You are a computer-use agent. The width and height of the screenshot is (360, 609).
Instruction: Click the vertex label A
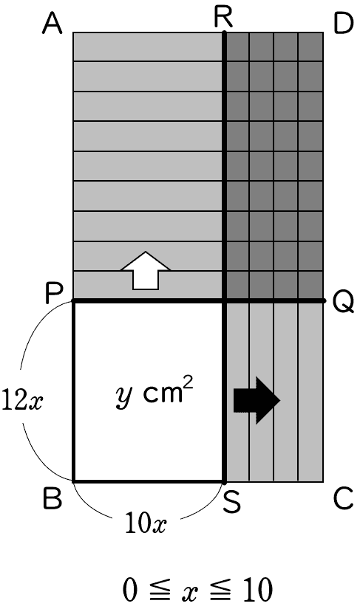pyautogui.click(x=52, y=24)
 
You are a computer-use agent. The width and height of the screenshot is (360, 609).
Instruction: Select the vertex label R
pyautogui.click(x=223, y=18)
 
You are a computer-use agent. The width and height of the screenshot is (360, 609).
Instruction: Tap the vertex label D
pyautogui.click(x=344, y=24)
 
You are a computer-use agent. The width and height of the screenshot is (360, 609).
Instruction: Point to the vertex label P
pyautogui.click(x=53, y=293)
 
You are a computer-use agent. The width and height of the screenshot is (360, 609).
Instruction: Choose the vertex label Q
pyautogui.click(x=344, y=302)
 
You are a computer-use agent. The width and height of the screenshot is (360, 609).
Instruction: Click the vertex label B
pyautogui.click(x=52, y=498)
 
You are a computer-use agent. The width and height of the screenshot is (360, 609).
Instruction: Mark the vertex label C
pyautogui.click(x=344, y=498)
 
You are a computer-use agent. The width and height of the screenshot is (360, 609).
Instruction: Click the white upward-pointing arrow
pyautogui.click(x=146, y=270)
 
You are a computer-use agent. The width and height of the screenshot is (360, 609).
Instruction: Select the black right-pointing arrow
pyautogui.click(x=257, y=400)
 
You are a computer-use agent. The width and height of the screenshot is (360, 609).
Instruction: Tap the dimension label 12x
pyautogui.click(x=21, y=400)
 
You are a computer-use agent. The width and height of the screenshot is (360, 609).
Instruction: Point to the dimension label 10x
pyautogui.click(x=146, y=523)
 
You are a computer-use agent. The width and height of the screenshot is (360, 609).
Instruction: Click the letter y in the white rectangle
pyautogui.click(x=124, y=396)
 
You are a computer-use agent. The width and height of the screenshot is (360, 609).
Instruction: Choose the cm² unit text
pyautogui.click(x=168, y=390)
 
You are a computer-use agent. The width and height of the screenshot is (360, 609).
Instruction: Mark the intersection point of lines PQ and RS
pyautogui.click(x=224, y=301)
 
